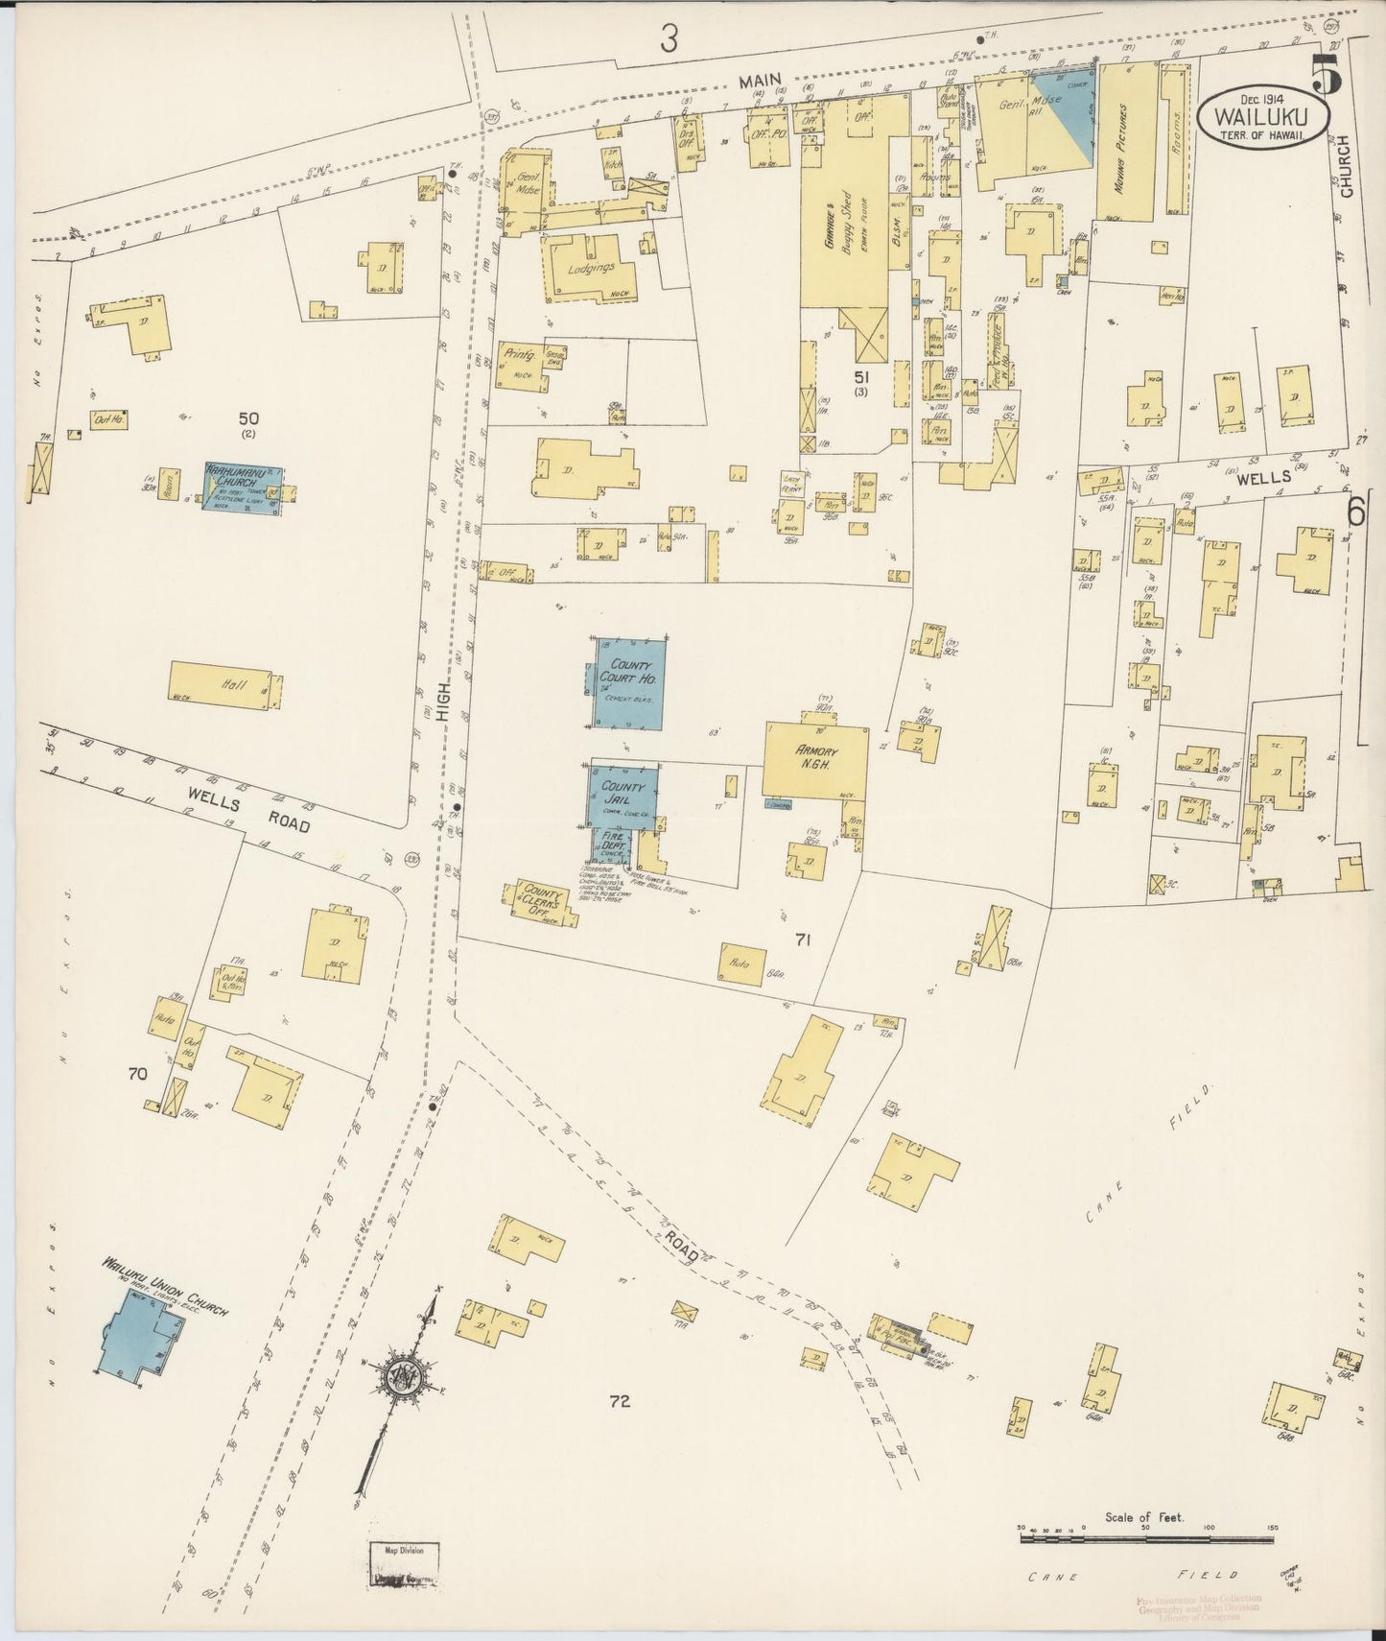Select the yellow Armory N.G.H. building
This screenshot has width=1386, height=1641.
click(816, 760)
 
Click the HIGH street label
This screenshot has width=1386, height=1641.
click(440, 682)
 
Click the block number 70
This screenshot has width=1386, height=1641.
click(136, 1074)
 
